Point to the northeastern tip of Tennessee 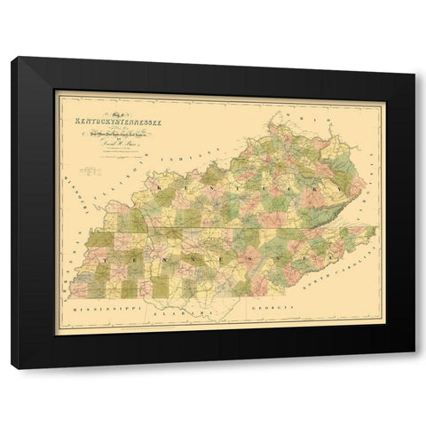click(x=376, y=229)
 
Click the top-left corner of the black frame click(x=12, y=58)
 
